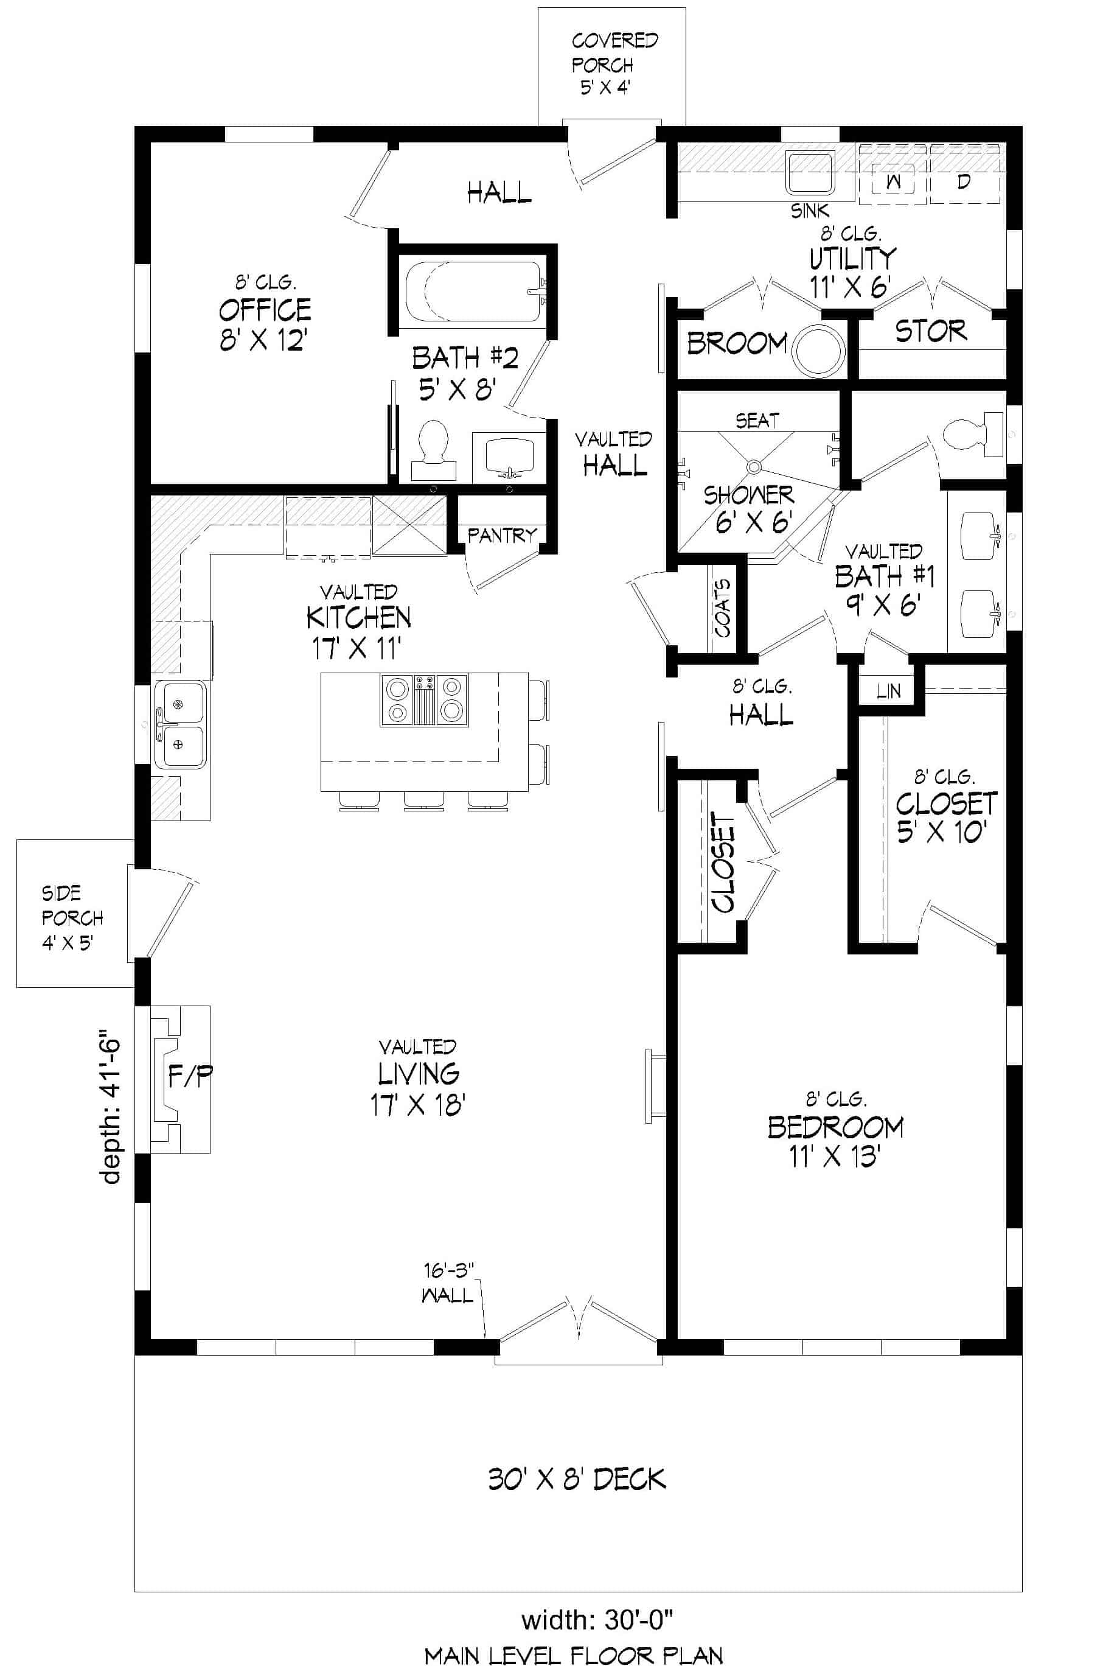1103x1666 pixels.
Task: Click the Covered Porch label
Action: [613, 64]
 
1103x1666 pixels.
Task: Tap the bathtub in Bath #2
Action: [473, 292]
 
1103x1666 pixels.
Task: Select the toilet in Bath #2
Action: [433, 447]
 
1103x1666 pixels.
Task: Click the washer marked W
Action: [892, 180]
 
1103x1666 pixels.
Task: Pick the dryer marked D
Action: [964, 180]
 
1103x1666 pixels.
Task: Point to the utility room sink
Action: [810, 172]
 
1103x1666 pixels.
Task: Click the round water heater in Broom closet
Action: [818, 350]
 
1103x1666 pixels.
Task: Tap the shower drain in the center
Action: [754, 466]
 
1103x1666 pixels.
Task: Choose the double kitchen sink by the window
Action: [180, 724]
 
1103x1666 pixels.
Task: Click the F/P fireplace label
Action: [190, 1076]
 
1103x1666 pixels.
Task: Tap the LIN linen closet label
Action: [888, 691]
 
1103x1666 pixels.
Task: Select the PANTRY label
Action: [501, 536]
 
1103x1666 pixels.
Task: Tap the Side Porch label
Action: [72, 918]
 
